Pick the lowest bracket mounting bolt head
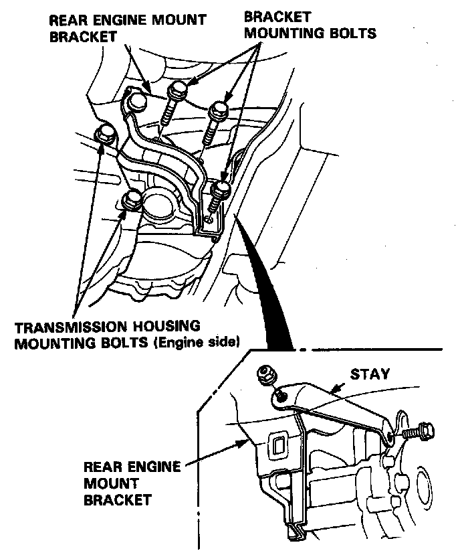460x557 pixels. coord(221,190)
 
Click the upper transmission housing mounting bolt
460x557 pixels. coord(106,135)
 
